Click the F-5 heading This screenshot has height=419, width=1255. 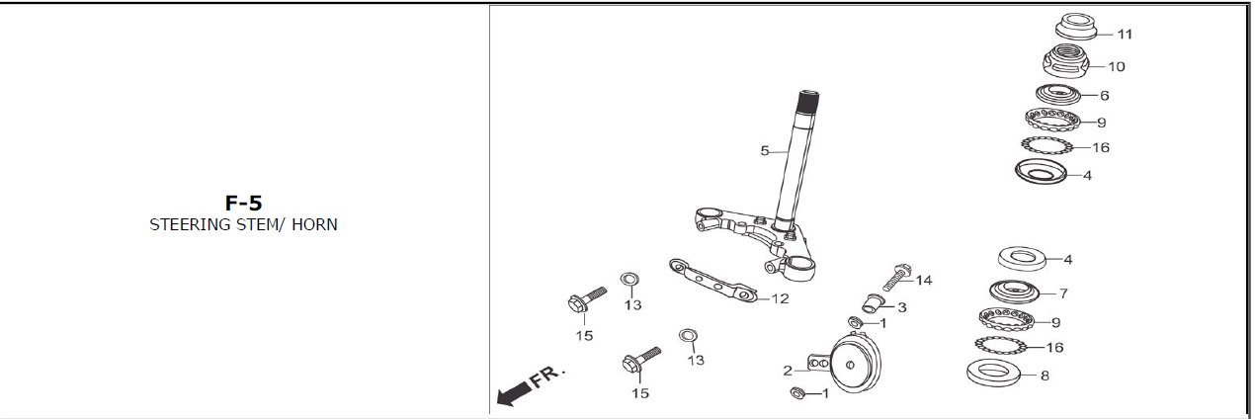click(x=244, y=203)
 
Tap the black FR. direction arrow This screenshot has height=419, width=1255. click(x=514, y=393)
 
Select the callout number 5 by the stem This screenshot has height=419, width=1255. click(x=765, y=150)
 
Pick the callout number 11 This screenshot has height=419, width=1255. click(x=1125, y=35)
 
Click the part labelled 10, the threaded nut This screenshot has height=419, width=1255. click(x=1065, y=61)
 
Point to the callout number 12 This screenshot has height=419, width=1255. click(x=780, y=298)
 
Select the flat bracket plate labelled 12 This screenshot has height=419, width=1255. click(x=712, y=281)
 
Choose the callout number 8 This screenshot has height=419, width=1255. click(x=1045, y=376)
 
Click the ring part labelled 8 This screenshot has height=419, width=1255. click(x=993, y=372)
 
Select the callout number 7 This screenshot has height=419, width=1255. click(x=1063, y=293)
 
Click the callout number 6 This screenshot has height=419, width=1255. click(x=1104, y=95)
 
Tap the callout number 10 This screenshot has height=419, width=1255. click(x=1116, y=66)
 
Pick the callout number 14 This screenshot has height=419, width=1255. click(x=924, y=280)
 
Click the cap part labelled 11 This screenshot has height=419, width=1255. click(x=1076, y=27)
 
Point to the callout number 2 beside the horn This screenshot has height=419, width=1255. click(x=788, y=371)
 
